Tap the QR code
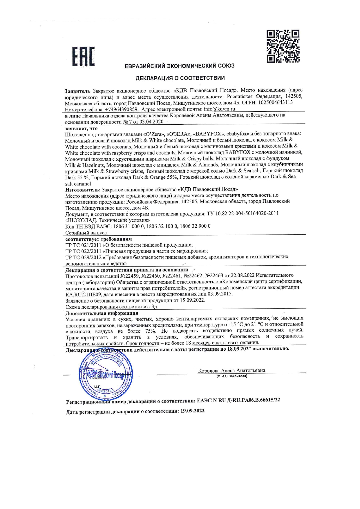(x=283, y=46)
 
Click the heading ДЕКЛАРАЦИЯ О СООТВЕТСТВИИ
(x=180, y=78)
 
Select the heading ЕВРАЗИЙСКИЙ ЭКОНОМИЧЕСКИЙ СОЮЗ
(x=180, y=66)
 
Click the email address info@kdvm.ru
(x=219, y=109)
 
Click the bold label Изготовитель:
(x=83, y=190)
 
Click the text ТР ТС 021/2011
(x=83, y=245)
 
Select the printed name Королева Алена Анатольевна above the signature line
(x=231, y=370)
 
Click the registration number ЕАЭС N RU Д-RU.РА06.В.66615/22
(x=238, y=400)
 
